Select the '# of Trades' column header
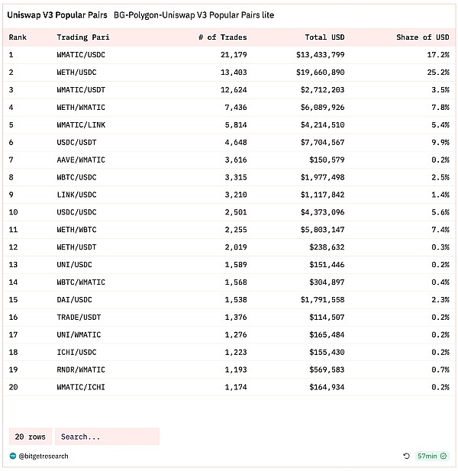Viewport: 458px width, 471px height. pos(222,37)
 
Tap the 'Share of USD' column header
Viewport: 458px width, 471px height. pos(422,37)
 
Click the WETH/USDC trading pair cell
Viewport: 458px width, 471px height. pos(76,72)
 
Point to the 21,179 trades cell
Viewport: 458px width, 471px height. pos(231,54)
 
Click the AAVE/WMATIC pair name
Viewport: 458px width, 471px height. pos(81,160)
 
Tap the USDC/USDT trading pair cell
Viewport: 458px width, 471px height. pos(76,142)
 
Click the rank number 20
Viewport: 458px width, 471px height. pos(14,387)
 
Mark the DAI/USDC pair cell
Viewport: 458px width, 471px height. pos(74,299)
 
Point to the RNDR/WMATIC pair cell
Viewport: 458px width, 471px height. pos(81,369)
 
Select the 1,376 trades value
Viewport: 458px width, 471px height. pos(234,317)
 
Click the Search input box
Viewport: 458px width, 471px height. pos(107,437)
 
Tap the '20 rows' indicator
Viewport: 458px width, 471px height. pos(31,437)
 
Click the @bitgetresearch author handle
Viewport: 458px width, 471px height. pos(44,456)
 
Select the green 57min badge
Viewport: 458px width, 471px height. pos(431,456)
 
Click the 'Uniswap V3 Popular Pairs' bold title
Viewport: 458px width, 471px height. pos(57,15)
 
